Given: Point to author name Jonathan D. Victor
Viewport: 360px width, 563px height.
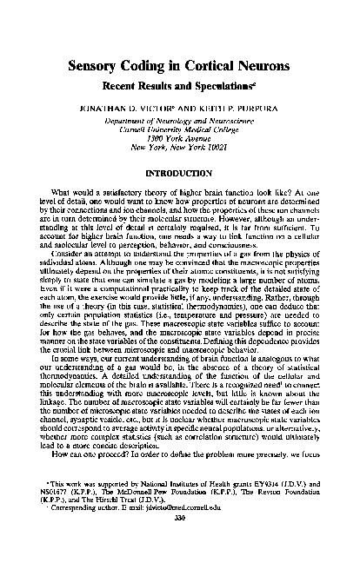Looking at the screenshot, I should [134, 112].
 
